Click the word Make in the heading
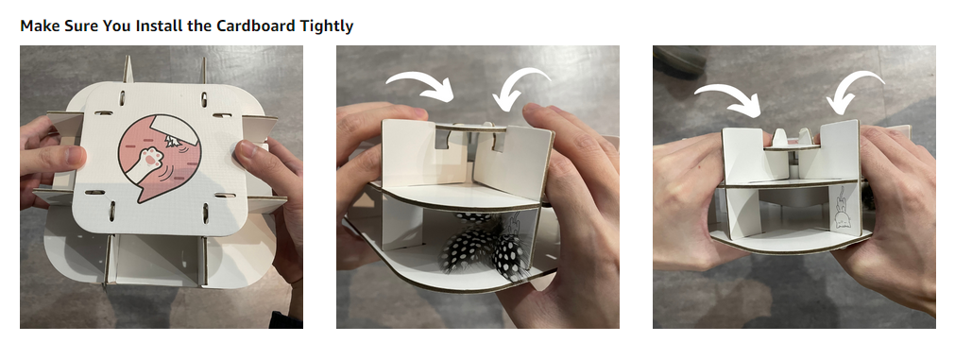38,26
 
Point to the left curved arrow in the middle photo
420,85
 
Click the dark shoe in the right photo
678,60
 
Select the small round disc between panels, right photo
792,146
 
